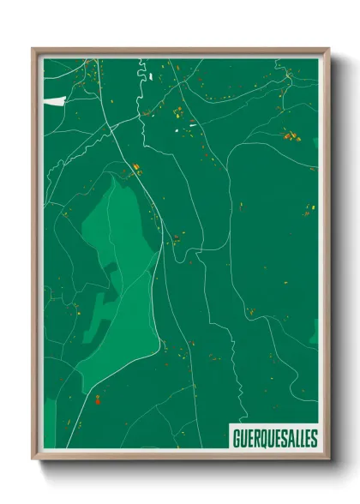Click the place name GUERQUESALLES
point(274,438)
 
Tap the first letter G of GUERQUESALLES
point(236,438)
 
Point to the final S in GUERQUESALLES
point(312,438)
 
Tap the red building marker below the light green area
point(98,398)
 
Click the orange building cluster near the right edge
point(292,135)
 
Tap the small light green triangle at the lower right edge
point(315,333)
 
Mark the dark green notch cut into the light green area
point(101,304)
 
